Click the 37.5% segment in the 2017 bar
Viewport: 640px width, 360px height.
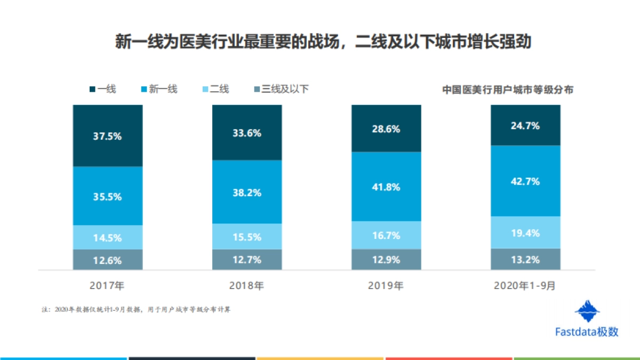coord(108,136)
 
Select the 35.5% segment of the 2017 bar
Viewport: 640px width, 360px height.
coord(108,196)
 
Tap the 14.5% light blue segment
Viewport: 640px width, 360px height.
coord(108,237)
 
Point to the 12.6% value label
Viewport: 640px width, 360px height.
coord(108,261)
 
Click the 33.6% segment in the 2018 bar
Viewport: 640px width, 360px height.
coord(247,133)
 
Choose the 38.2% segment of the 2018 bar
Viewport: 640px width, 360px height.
coord(247,193)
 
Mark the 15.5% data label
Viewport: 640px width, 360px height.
coord(247,236)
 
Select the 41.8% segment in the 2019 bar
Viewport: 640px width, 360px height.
coord(386,187)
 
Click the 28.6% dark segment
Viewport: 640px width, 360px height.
coord(386,129)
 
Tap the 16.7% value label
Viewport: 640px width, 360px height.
coord(386,235)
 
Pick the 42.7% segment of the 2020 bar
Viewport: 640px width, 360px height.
coord(525,181)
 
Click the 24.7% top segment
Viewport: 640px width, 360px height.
coord(525,126)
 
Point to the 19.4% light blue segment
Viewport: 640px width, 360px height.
coord(525,233)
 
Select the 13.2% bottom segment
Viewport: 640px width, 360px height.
coord(525,260)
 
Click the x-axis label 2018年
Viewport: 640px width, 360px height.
coord(246,285)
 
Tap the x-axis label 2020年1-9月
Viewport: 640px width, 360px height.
coord(525,285)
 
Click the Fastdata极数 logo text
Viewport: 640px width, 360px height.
coord(587,332)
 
